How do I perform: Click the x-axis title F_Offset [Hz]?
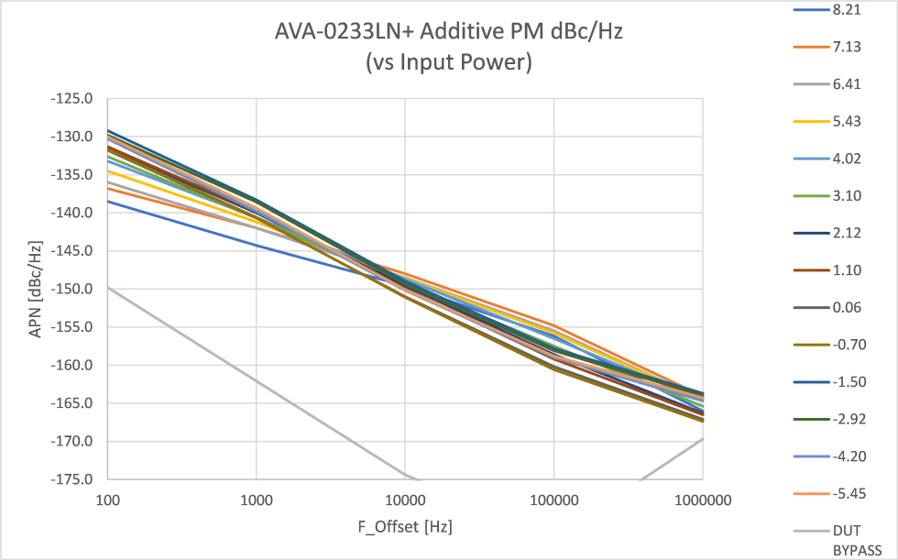point(405,528)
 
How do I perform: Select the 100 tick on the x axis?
point(107,500)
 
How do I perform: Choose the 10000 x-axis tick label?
point(405,500)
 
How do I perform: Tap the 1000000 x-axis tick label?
point(703,500)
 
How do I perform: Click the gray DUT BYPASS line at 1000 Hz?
point(256,380)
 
